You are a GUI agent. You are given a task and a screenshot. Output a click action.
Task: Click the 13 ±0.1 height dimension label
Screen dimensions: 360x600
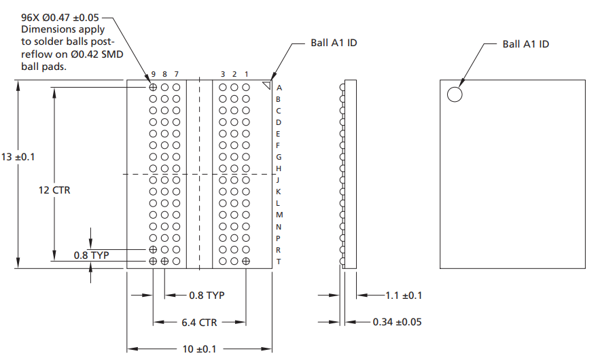[18, 157]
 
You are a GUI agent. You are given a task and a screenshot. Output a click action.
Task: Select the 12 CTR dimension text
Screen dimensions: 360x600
[54, 191]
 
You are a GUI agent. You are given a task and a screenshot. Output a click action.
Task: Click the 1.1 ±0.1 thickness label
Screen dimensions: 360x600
[404, 295]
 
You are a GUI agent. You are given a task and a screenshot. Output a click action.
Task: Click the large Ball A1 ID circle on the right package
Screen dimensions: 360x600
[455, 94]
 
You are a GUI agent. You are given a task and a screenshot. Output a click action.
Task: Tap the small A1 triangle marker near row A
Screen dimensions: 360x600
[266, 85]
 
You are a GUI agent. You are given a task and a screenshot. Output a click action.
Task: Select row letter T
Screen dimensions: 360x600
[279, 262]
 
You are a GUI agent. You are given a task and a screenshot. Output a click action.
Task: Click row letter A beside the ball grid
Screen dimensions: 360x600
[279, 88]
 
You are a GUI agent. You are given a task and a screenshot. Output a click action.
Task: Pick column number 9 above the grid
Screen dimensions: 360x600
[154, 73]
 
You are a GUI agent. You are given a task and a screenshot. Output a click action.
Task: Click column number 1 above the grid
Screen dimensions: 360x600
[246, 73]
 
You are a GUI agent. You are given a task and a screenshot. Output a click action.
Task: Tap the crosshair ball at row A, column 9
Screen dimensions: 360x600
[154, 87]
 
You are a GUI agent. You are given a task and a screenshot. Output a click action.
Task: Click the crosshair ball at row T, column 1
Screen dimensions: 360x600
[246, 262]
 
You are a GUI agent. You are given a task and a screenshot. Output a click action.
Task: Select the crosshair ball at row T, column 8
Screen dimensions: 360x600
[165, 262]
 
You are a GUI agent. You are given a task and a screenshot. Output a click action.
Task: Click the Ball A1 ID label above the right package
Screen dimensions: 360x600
[525, 44]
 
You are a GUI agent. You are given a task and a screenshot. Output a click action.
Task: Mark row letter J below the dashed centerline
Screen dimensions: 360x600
[279, 180]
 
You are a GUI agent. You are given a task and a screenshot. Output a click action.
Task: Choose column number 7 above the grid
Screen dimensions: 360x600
[177, 73]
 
